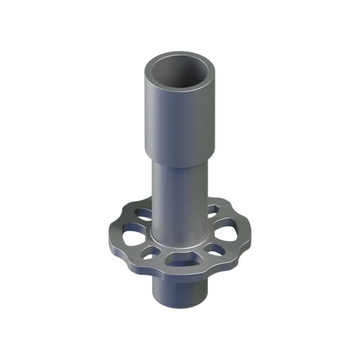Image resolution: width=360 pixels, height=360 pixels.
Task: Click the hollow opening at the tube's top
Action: click(181, 73)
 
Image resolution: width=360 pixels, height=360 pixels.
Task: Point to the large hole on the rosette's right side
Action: click(233, 228)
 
